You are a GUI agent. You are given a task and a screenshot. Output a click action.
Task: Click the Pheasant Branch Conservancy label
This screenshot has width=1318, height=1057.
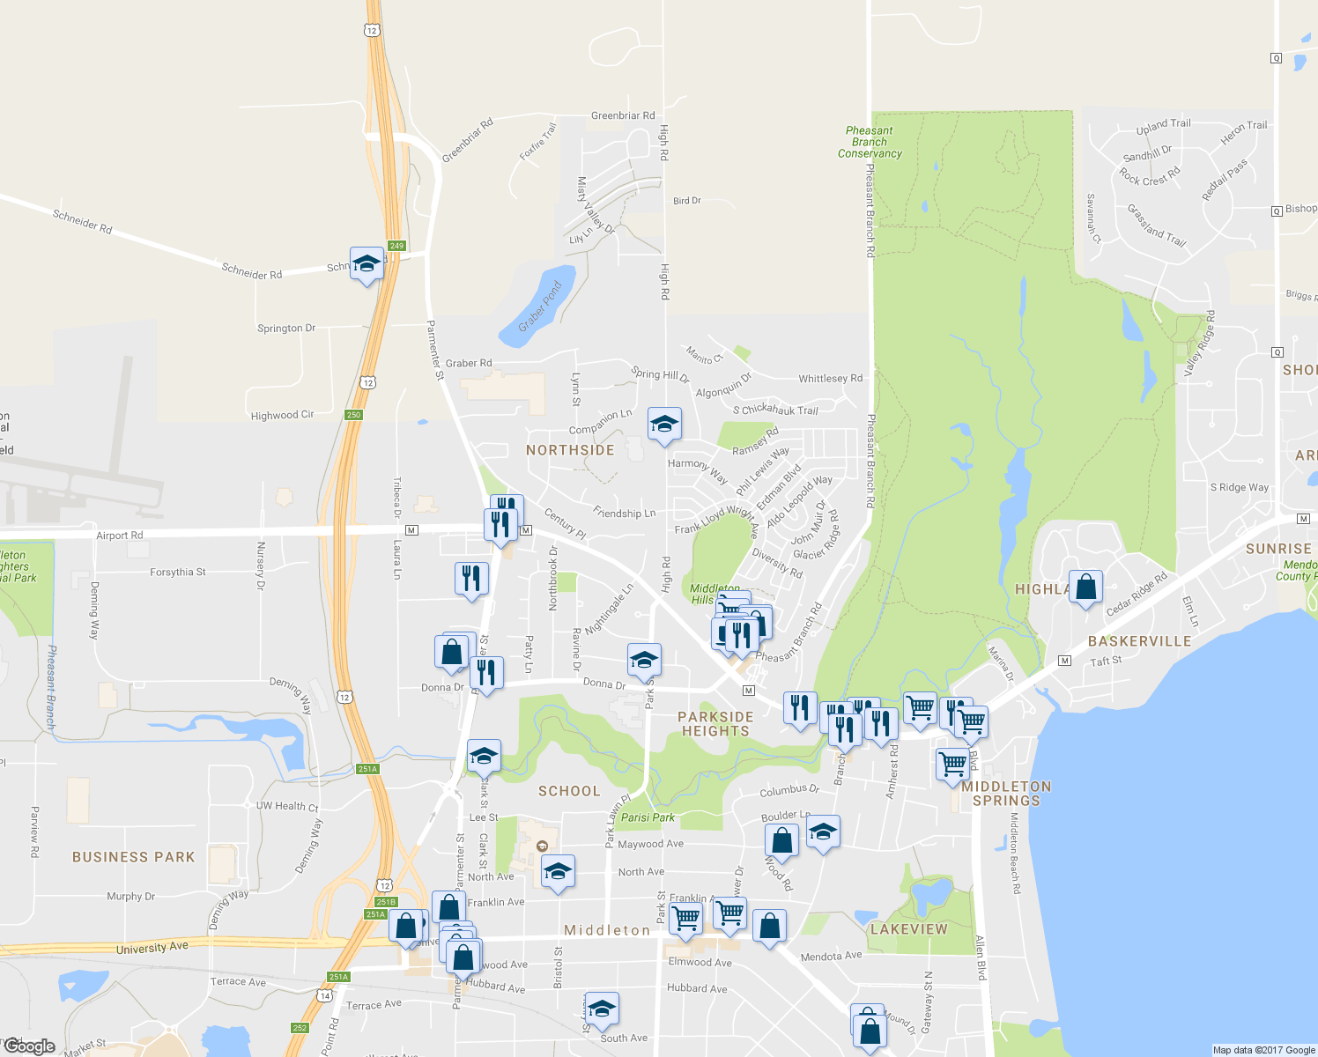coord(870,142)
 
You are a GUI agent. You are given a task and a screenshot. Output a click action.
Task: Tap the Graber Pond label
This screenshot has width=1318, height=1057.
coord(540,307)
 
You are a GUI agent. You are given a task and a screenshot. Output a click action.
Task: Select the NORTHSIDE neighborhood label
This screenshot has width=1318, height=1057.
coord(570,450)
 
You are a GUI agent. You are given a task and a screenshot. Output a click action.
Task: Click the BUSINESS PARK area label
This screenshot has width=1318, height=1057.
coord(133,857)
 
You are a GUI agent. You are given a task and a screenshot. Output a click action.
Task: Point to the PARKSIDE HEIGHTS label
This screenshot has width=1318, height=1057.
coord(715,724)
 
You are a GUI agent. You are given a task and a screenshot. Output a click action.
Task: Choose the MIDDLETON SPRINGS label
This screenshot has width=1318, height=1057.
coord(1006,794)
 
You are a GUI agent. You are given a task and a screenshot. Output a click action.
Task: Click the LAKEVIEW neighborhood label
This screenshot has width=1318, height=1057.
coord(908,929)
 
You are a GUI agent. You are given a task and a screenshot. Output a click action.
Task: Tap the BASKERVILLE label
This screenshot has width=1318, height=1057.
coord(1139,641)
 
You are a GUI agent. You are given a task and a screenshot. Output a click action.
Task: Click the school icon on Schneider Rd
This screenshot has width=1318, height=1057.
coord(367,263)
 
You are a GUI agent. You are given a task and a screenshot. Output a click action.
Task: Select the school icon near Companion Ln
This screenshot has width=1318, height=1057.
coord(664,425)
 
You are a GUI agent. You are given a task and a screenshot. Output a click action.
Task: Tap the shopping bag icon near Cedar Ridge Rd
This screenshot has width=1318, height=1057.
coord(1085,588)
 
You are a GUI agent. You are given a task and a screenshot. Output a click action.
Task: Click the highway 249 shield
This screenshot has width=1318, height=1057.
coord(396,246)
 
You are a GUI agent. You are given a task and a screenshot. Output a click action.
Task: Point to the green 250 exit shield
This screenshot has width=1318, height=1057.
coord(353,415)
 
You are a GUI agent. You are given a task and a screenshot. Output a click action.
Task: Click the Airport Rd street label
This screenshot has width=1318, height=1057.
coord(119,536)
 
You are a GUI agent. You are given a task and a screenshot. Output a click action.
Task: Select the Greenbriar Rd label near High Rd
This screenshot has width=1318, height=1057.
coord(623,115)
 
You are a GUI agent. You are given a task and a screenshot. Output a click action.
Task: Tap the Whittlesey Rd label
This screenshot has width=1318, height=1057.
coord(830,379)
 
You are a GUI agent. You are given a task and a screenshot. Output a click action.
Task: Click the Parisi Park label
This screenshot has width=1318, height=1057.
coord(648,817)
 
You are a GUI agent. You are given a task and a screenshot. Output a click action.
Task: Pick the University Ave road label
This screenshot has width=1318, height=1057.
coord(152,948)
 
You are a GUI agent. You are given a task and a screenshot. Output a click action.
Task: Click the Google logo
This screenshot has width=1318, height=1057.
coord(30,1046)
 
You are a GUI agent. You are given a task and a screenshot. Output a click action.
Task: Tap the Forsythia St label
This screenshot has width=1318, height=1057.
coord(177,573)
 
